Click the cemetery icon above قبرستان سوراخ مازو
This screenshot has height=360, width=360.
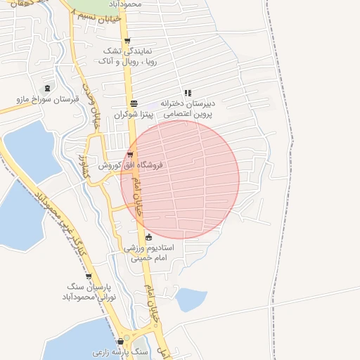point(47,89)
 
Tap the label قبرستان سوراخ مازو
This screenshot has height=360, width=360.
point(47,100)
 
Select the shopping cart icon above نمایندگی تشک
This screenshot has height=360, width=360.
point(127,41)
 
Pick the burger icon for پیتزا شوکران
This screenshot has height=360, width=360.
point(134,103)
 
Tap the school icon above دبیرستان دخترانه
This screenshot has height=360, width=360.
point(187,93)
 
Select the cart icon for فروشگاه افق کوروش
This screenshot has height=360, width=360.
point(130,155)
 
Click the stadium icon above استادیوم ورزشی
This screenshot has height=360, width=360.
point(148,237)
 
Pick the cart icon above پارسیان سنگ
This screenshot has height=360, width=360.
point(88,276)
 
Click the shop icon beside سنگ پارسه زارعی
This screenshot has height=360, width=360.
point(120,342)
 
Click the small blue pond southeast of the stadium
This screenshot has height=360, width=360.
point(190,300)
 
